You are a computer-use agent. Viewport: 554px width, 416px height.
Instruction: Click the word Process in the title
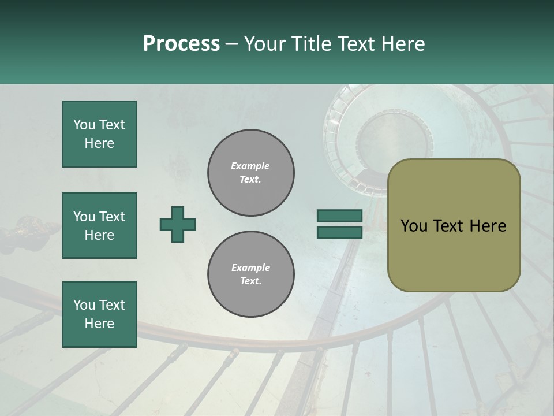click(181, 44)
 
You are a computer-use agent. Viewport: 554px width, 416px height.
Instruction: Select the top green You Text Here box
click(99, 134)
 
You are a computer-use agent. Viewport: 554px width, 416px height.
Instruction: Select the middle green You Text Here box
click(99, 225)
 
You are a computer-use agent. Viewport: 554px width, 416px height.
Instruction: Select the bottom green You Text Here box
click(99, 314)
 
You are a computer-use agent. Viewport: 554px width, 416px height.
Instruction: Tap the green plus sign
click(178, 224)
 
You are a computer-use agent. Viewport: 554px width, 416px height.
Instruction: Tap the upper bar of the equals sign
click(339, 216)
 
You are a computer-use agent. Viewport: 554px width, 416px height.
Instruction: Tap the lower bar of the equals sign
click(339, 233)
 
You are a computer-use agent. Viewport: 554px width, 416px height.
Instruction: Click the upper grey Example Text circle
click(250, 173)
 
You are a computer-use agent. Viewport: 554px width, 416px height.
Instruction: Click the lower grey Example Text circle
click(250, 274)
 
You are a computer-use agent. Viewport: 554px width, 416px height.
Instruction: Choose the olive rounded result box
click(454, 225)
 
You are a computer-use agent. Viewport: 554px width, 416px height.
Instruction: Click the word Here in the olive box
click(487, 226)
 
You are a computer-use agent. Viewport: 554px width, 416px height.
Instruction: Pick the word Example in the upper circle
click(250, 166)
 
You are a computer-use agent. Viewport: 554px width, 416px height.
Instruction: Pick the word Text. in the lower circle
click(250, 281)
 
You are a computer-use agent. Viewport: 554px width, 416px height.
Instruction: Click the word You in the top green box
click(84, 125)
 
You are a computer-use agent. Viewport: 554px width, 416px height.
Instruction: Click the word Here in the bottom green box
click(99, 324)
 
